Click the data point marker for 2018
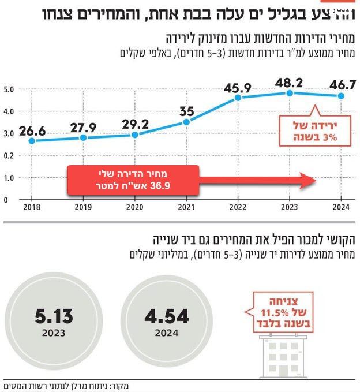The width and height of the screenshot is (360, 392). tap(32, 140)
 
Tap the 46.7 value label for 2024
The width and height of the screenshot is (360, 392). tap(343, 84)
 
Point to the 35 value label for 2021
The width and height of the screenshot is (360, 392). tap(186, 111)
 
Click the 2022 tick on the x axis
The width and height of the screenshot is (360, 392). tap(238, 207)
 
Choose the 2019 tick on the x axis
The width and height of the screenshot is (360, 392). tap(83, 207)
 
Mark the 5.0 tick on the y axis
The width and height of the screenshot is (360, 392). tap(8, 89)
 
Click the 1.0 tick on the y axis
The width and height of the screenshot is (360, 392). tap(8, 178)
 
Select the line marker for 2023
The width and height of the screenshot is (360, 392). tap(290, 93)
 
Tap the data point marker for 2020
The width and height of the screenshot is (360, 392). tap(134, 135)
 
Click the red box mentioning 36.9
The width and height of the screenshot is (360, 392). tap(133, 180)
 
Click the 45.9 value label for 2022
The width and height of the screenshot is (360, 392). tap(238, 88)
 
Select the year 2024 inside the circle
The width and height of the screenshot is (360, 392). tap(167, 333)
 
